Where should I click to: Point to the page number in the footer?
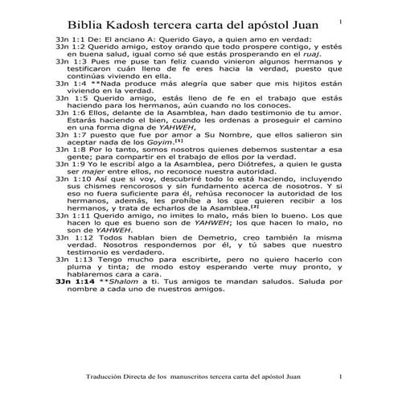(x=340, y=377)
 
